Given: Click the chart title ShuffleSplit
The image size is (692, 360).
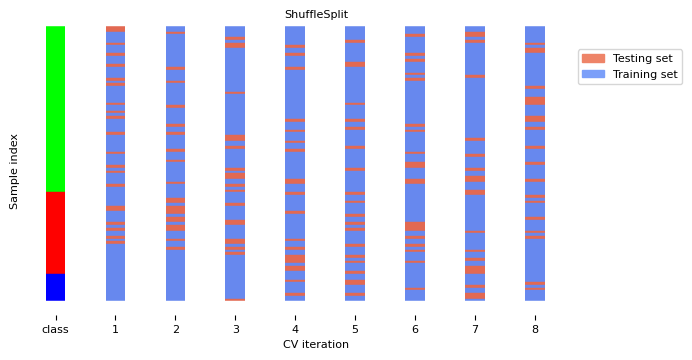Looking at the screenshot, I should click(316, 15).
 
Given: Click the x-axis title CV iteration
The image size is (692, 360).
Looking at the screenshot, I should click(316, 345).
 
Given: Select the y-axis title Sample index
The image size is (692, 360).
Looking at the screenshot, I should click(15, 171).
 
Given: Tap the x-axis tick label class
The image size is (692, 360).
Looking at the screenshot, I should click(55, 329).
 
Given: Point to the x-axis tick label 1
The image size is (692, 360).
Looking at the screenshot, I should click(115, 329).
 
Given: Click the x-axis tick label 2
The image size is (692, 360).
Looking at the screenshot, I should click(175, 329).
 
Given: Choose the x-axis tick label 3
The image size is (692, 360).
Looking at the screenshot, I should click(235, 329).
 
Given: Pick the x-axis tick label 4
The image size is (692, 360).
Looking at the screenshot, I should click(295, 329).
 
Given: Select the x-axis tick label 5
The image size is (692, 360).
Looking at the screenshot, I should click(355, 329).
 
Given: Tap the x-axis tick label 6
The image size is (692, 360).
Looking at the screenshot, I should click(415, 329).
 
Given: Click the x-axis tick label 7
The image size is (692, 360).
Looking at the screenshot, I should click(475, 329).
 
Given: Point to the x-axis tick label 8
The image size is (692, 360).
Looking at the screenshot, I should click(535, 329).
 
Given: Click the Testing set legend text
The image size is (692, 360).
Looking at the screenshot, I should click(644, 58).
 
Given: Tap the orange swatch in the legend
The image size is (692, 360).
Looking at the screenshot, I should click(593, 58).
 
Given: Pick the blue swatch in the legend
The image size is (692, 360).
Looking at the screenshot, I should click(593, 74).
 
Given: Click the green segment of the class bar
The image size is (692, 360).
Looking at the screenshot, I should click(55, 108).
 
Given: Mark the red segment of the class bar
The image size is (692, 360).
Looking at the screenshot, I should click(55, 232).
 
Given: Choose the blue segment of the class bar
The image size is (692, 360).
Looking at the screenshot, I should click(55, 287).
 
